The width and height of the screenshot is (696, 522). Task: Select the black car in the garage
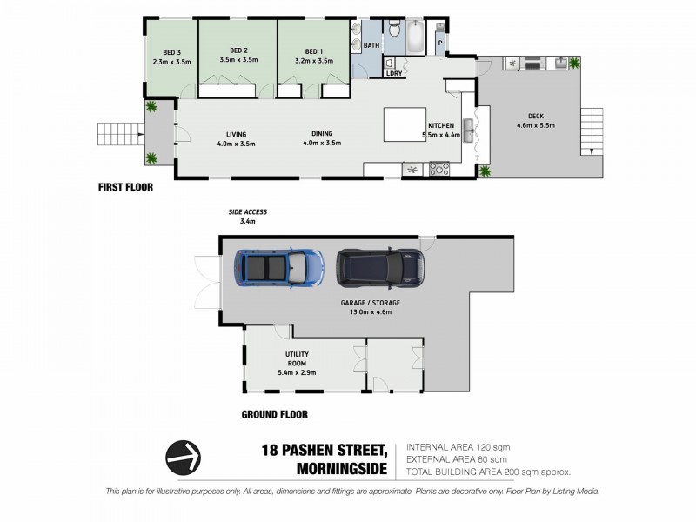point(380,267)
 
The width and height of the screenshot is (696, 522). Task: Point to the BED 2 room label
point(239,50)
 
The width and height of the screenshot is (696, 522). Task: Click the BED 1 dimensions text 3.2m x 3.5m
point(313,61)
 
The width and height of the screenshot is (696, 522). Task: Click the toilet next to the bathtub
point(393,33)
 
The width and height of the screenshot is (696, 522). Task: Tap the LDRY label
point(394,73)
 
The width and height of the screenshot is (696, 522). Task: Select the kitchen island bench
point(405,124)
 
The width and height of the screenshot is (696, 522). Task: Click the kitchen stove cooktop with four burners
point(434,168)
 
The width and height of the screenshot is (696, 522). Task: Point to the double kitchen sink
point(472,132)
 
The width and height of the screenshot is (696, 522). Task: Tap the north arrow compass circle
point(184,455)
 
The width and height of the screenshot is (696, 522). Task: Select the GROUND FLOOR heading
point(274,415)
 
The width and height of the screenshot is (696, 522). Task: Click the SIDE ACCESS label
point(248,212)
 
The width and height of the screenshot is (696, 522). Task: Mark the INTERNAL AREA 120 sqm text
point(457,447)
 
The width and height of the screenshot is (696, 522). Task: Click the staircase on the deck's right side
point(591,128)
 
